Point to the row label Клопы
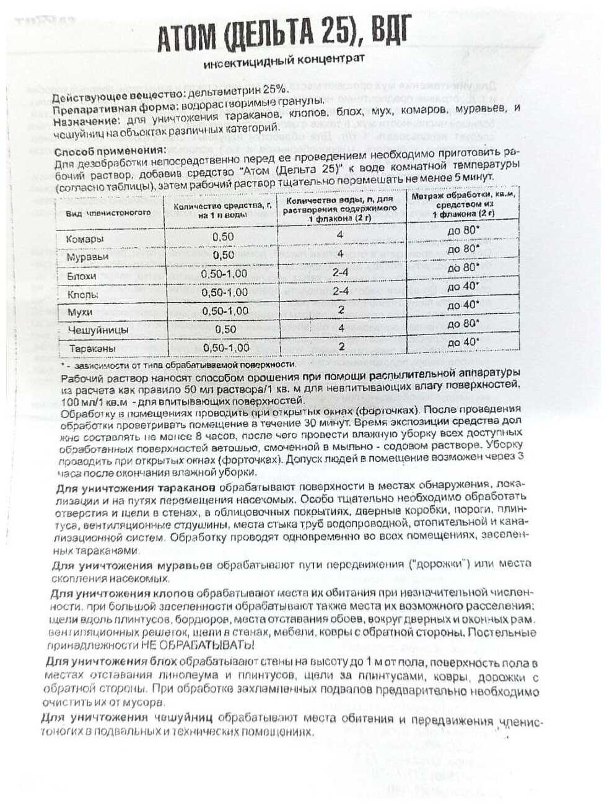point(82,294)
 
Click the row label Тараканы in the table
point(92,349)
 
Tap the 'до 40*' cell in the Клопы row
point(463,286)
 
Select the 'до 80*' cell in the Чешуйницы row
point(463,324)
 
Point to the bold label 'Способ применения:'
point(110,152)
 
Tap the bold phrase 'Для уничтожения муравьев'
point(132,565)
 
